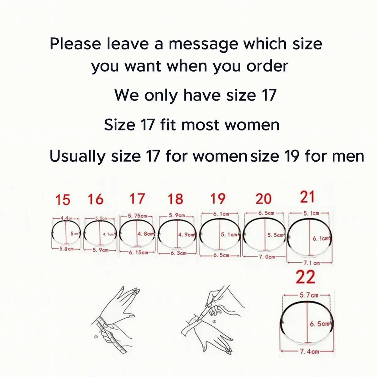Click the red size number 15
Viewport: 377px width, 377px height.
click(63, 200)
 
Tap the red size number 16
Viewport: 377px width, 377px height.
click(96, 199)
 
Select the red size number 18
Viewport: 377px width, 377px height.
click(175, 199)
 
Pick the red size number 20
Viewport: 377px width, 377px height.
click(263, 199)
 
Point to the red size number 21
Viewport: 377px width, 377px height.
click(307, 197)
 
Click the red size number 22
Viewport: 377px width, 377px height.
click(305, 277)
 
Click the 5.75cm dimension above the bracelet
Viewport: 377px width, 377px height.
click(137, 216)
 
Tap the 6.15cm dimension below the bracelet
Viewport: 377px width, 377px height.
click(138, 253)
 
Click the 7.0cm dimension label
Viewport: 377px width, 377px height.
click(267, 257)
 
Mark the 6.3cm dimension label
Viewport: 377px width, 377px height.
click(178, 253)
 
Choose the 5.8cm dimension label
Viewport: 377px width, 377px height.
click(66, 249)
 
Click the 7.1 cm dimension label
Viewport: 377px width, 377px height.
click(311, 263)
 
